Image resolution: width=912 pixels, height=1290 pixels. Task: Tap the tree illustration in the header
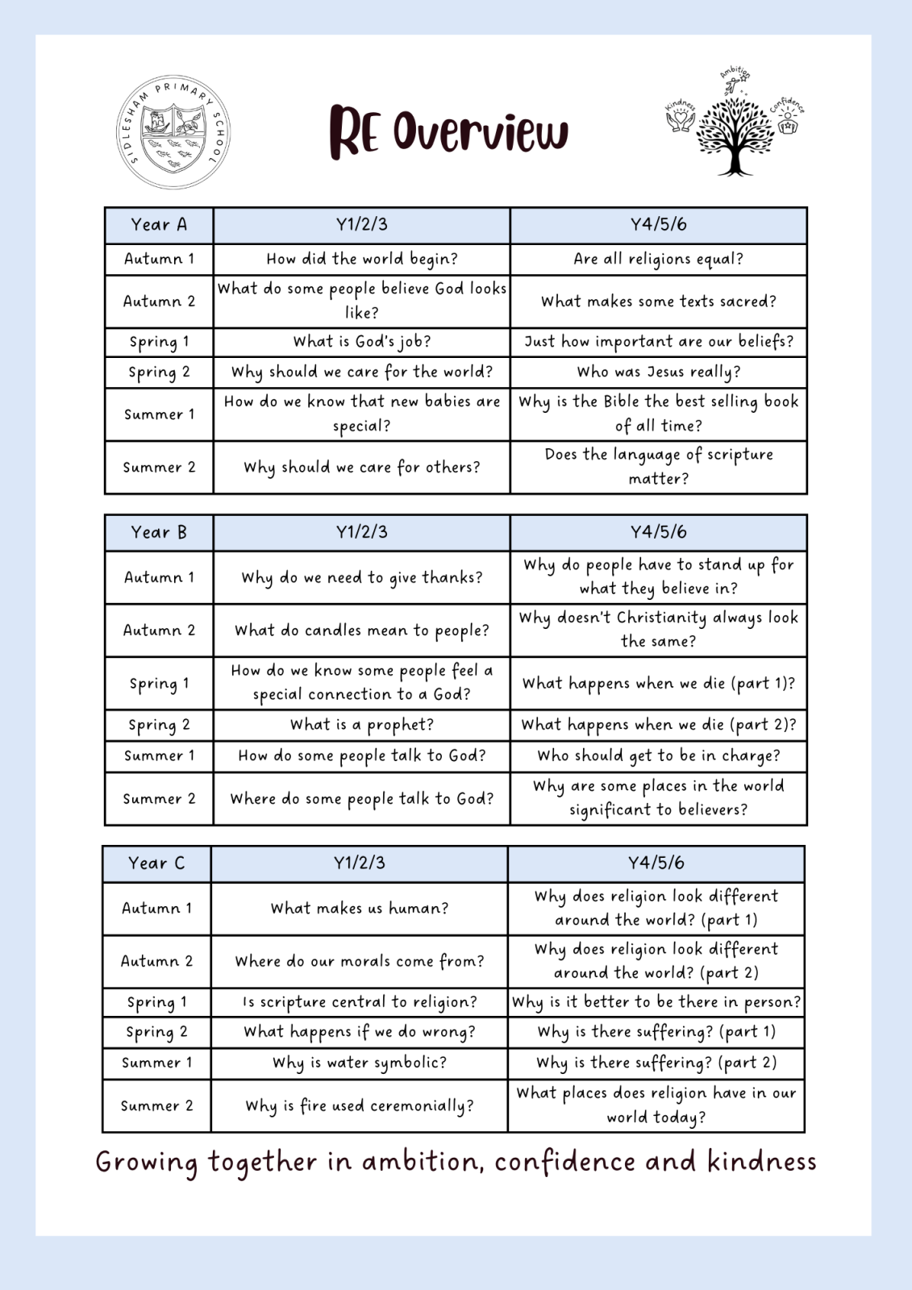click(735, 134)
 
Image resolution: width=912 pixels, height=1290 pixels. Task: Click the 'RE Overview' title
click(448, 131)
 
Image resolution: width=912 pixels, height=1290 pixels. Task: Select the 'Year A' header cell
click(159, 225)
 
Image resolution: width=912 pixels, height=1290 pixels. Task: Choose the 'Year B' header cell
click(159, 532)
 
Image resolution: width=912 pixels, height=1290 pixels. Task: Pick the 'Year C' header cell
click(156, 863)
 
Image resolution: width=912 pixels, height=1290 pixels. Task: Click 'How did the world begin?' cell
click(362, 259)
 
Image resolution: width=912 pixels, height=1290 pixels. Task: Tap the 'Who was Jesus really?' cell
click(659, 372)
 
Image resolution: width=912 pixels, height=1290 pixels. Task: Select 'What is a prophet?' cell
click(362, 725)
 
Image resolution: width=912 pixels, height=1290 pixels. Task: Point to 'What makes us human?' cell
click(360, 909)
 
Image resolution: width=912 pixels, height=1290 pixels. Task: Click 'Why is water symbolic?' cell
click(360, 1063)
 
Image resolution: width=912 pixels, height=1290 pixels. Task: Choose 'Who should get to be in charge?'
click(659, 755)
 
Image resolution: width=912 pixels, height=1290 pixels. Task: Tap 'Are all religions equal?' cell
click(659, 259)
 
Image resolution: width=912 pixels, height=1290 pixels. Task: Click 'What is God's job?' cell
click(362, 342)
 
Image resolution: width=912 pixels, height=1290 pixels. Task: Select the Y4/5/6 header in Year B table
click(659, 532)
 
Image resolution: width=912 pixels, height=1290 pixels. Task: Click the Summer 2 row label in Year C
click(156, 1106)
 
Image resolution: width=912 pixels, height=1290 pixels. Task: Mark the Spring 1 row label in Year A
click(159, 342)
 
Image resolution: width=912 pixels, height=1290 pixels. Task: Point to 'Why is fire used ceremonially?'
click(360, 1106)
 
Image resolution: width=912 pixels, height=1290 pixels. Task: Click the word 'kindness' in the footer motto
click(762, 1162)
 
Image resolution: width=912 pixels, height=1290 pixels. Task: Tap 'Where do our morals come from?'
click(360, 961)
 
